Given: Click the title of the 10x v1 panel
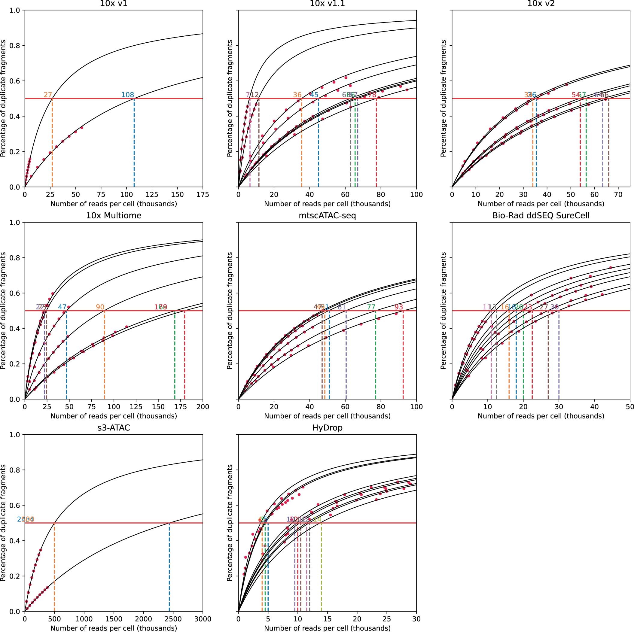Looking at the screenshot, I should pos(114,4).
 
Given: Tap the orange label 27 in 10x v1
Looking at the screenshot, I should pos(48,95).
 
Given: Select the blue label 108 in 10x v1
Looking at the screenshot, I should pos(128,95).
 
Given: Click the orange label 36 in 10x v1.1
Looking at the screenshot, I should pos(297,95).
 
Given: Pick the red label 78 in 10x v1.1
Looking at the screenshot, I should pos(372,95).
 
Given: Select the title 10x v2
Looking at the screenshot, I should pos(541,4).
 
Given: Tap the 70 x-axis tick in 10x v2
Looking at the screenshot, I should pos(618,194).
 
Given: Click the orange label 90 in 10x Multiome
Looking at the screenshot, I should pos(100,307).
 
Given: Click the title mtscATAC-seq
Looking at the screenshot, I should pos(327,215).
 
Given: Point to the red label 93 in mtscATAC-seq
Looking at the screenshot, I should pos(399,307).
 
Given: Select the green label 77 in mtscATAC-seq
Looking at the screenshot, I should pos(371,307).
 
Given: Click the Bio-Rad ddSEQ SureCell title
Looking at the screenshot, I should pos(541,215).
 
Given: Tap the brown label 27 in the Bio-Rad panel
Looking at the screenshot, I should pos(544,307).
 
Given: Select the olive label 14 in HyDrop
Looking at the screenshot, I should pos(317,519).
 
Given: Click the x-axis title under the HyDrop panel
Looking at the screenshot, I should pos(327,628).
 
